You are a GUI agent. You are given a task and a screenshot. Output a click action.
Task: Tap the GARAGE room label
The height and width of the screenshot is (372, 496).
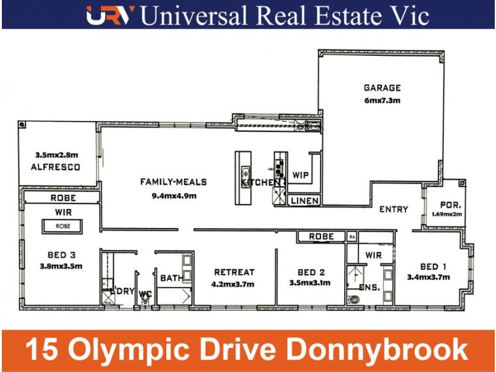(382, 88)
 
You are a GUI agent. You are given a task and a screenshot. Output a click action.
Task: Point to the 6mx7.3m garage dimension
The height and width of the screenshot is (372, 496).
(382, 100)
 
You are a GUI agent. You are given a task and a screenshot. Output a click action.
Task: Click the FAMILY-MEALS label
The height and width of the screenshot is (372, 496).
(173, 182)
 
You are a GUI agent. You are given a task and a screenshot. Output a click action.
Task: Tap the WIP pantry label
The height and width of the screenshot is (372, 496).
(301, 175)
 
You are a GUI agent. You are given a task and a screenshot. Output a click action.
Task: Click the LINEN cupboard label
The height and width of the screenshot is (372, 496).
(304, 201)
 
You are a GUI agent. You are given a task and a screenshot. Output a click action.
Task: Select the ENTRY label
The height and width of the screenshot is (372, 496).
(394, 210)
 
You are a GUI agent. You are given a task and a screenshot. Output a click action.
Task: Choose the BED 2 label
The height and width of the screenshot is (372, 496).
(310, 272)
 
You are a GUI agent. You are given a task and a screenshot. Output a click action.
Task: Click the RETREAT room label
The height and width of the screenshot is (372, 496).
(234, 272)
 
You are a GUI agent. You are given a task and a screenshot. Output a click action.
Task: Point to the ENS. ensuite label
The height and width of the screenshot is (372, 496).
(370, 288)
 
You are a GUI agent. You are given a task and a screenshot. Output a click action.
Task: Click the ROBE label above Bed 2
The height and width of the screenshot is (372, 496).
(321, 237)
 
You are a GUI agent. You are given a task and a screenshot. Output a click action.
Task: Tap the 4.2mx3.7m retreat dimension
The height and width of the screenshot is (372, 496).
(234, 284)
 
